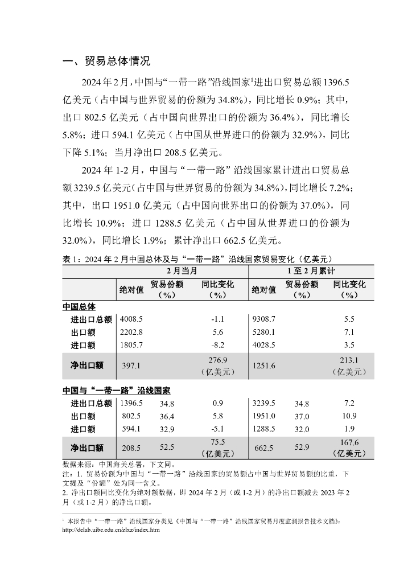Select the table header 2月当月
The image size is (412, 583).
(182, 270)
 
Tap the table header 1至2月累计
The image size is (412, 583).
(311, 270)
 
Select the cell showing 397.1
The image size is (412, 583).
(131, 366)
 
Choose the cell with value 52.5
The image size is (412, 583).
(167, 448)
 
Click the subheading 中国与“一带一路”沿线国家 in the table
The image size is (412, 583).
(116, 391)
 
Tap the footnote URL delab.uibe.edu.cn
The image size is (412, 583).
(110, 529)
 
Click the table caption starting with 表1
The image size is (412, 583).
(197, 258)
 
